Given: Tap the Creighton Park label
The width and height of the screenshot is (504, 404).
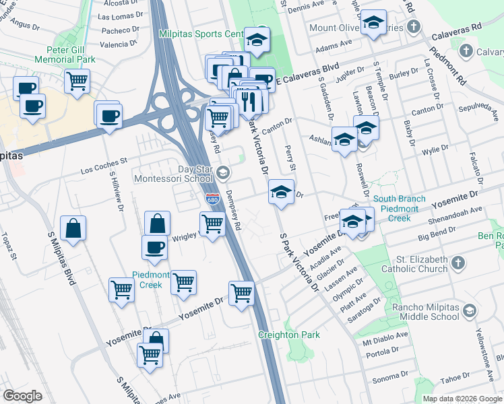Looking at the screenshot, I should tap(288, 335).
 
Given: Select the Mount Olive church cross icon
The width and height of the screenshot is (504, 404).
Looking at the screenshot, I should tap(414, 28).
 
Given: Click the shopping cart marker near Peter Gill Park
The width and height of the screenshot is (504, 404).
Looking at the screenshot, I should tap(77, 81).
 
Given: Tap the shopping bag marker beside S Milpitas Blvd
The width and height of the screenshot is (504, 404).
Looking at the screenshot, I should tap(73, 228).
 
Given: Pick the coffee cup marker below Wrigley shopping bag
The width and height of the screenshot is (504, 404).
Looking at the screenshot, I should tap(154, 246).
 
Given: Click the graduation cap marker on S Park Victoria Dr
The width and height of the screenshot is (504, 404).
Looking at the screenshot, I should tap(281, 192).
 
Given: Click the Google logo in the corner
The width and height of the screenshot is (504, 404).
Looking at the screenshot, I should tap(22, 396).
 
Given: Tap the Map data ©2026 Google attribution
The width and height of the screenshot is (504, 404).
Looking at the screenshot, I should tap(462, 399).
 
